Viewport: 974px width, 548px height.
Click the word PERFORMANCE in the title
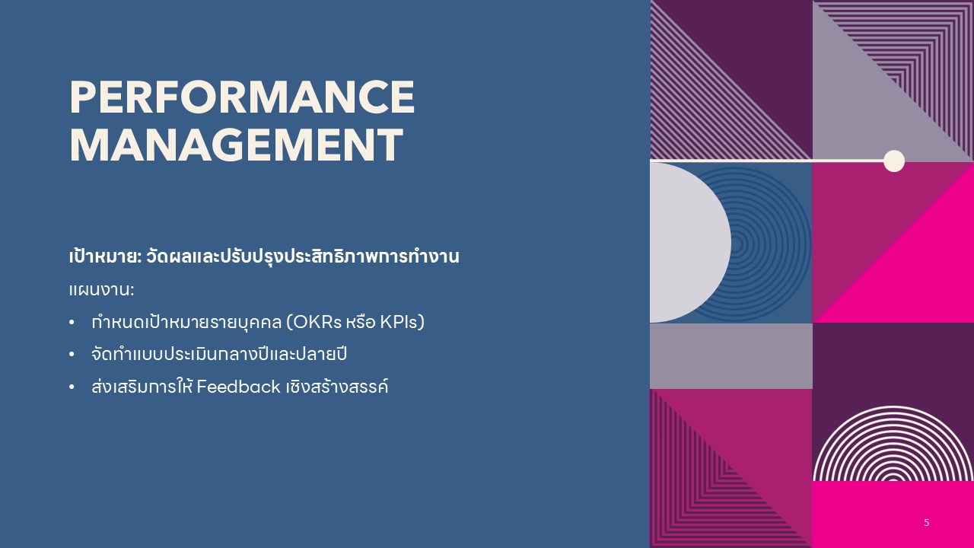click(242, 97)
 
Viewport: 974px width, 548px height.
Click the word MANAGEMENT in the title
click(236, 145)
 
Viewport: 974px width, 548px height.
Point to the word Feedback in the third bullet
click(238, 387)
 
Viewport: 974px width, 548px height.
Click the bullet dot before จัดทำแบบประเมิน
click(72, 355)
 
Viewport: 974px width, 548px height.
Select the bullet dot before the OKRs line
click(72, 323)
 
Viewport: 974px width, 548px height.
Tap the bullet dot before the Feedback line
click(72, 387)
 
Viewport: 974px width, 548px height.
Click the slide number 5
click(926, 523)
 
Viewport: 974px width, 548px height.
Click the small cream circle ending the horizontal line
click(894, 161)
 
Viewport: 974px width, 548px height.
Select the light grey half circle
click(685, 243)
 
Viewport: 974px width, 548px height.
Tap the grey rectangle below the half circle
click(730, 355)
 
